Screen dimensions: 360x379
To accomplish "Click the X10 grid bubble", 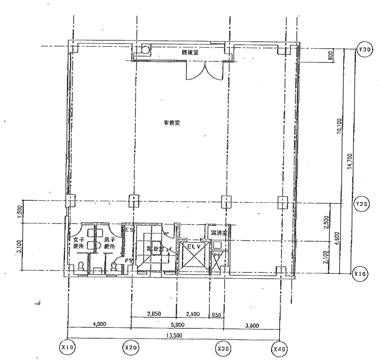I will [67, 347].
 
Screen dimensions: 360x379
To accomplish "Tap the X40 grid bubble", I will [280, 349].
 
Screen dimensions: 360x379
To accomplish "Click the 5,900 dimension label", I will [177, 325].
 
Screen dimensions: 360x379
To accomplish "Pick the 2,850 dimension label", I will [154, 314].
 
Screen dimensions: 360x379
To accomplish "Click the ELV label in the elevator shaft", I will [193, 246].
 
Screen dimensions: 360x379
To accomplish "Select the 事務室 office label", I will [172, 123].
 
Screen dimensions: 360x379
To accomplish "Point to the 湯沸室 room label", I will [219, 233].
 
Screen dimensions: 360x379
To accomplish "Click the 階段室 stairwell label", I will [156, 249].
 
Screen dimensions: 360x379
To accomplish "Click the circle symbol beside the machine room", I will [145, 50].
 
